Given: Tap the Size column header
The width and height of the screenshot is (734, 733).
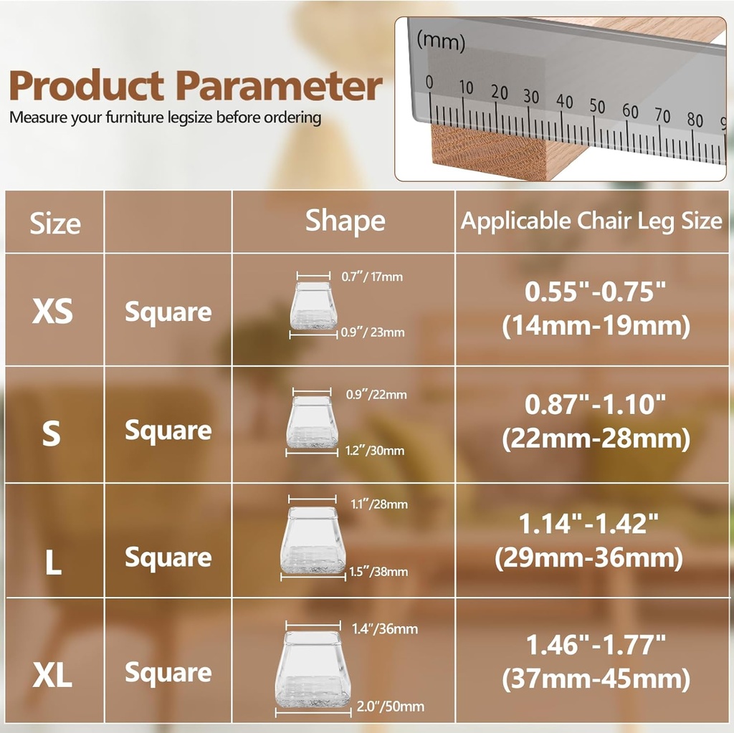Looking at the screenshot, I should [x=55, y=224].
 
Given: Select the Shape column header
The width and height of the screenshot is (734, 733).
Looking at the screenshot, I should [x=345, y=221].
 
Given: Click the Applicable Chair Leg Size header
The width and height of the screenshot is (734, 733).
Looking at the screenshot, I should [x=591, y=221].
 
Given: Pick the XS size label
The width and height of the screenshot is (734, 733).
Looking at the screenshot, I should [x=53, y=312].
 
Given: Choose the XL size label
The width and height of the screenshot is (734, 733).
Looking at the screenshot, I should [x=53, y=675].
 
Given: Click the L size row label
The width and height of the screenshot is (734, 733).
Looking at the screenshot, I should [x=53, y=562].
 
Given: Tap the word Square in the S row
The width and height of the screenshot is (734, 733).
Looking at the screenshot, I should [x=168, y=431].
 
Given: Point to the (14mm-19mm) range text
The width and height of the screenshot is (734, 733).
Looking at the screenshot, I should [x=596, y=327].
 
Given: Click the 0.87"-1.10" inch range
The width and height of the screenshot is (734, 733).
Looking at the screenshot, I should [x=596, y=405].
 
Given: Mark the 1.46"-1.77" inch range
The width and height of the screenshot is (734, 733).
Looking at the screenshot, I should [x=596, y=645].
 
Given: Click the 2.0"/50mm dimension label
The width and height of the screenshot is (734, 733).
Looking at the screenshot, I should [x=390, y=707].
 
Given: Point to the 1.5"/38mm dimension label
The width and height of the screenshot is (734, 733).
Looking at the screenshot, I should [x=379, y=571].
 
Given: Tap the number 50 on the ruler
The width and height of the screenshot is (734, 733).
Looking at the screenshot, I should [x=597, y=107].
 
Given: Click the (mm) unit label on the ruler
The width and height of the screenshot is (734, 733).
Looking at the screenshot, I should [x=441, y=42].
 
